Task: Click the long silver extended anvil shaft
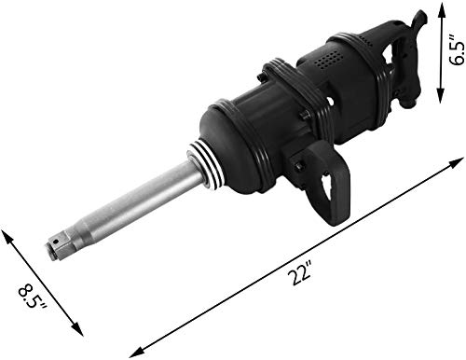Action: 130,209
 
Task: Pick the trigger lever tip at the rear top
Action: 420,17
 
